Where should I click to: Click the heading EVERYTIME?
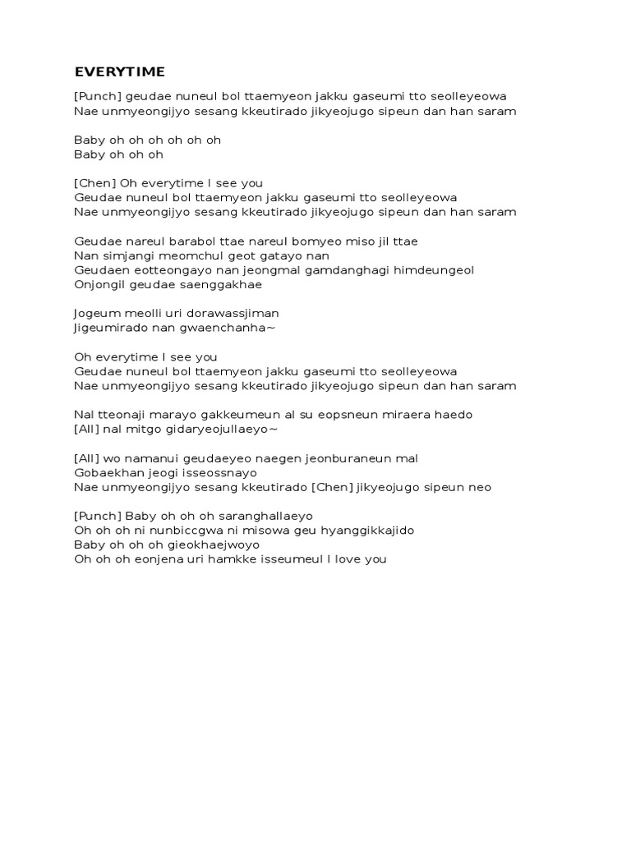[x=119, y=71]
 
